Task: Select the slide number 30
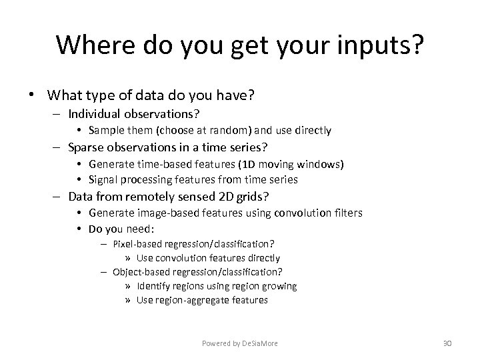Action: click(447, 343)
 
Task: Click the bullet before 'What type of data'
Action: click(32, 95)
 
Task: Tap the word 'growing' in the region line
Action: click(280, 286)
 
